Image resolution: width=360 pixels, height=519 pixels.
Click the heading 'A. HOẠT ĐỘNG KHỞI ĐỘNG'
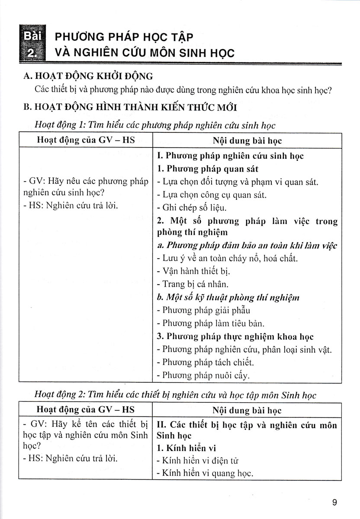pyautogui.click(x=89, y=76)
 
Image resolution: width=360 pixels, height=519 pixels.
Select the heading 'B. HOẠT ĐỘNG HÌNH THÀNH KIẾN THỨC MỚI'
pyautogui.click(x=129, y=106)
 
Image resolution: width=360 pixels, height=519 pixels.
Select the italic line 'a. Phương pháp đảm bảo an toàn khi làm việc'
pyautogui.click(x=247, y=246)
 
